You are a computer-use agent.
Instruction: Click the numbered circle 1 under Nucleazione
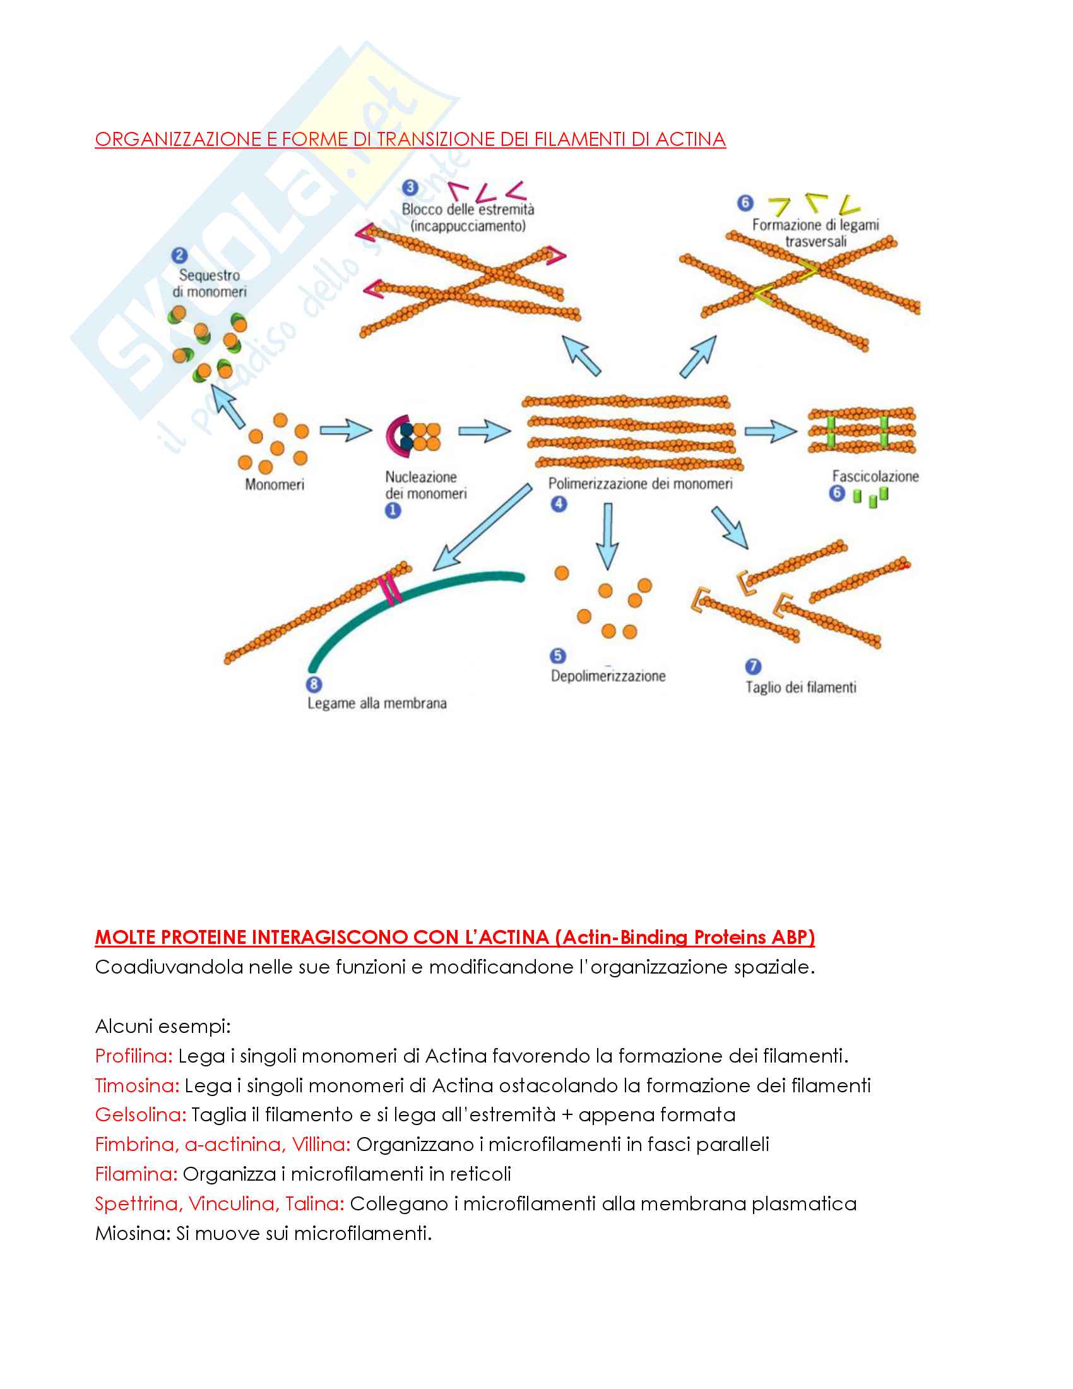click(x=393, y=510)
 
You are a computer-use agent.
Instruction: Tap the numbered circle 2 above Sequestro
click(x=179, y=256)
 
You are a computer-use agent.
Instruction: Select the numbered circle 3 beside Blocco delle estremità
click(x=411, y=188)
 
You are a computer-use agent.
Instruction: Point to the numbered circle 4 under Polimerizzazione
click(x=559, y=504)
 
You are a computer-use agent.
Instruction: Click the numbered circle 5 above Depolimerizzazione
click(x=557, y=656)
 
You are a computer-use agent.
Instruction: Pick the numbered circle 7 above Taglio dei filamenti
click(x=752, y=667)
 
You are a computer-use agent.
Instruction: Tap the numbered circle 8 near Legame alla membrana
click(x=314, y=684)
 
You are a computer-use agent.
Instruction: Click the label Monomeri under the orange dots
click(x=275, y=485)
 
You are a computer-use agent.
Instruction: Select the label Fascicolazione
click(x=875, y=476)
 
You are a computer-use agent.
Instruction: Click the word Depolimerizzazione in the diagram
click(x=608, y=676)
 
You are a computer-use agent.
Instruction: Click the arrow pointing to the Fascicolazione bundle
click(x=770, y=431)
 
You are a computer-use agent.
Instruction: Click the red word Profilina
click(x=133, y=1056)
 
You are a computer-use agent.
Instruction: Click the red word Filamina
click(x=136, y=1174)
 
